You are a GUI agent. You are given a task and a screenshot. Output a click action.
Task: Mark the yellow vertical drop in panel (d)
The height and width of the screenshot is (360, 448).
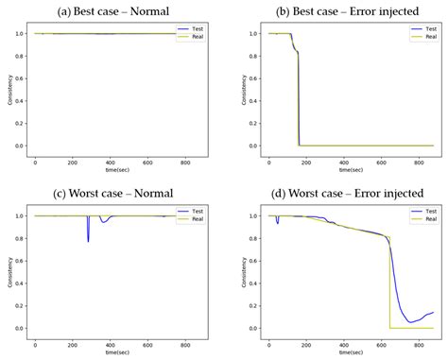[x=389, y=283]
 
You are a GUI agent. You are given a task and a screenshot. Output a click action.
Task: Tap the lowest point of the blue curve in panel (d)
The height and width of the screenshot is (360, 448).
[x=410, y=322]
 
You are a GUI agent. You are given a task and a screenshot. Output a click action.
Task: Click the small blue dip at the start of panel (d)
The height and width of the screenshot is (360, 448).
[x=277, y=221]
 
